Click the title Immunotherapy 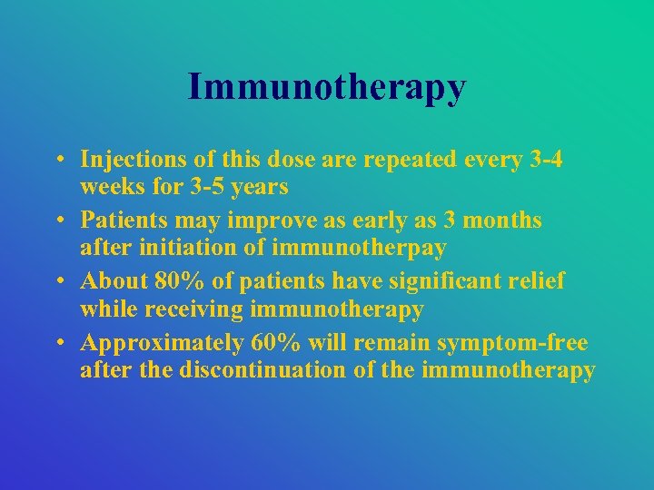(x=327, y=87)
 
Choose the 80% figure (x=183, y=281)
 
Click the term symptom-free (x=511, y=343)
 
